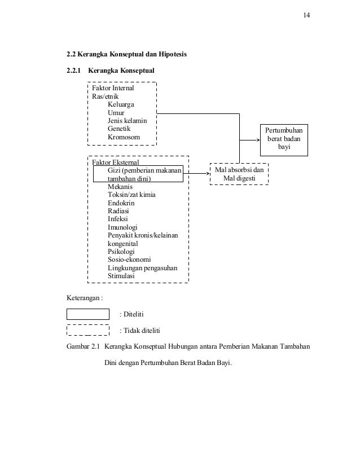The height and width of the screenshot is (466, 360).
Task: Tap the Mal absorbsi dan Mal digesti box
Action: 239,174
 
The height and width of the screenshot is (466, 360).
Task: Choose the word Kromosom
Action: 124,137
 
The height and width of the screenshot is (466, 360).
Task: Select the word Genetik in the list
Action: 121,129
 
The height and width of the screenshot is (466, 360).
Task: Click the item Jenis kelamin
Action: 127,121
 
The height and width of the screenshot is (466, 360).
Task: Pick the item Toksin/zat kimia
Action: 131,195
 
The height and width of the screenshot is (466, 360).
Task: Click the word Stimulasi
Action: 122,276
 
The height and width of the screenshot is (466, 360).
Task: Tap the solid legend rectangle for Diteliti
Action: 88,314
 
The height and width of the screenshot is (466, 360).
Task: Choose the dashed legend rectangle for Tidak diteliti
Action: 88,330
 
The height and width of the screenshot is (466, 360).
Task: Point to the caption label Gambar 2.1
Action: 84,345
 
